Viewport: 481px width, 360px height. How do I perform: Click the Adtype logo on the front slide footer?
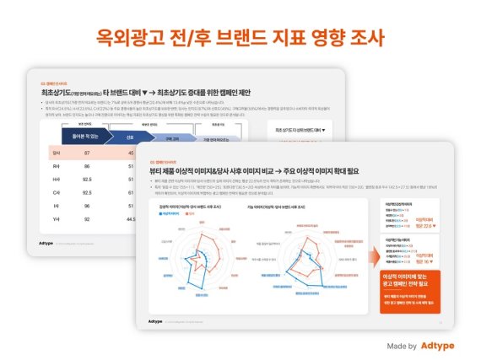[155, 321]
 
